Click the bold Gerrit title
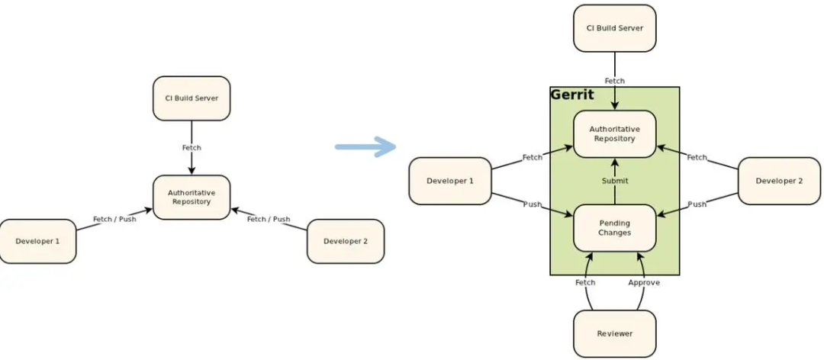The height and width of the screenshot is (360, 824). point(571,95)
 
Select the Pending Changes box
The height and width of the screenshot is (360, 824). point(614,228)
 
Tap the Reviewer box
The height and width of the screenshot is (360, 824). point(614,333)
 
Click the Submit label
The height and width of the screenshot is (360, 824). point(614,181)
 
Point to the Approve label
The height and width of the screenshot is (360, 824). point(643,282)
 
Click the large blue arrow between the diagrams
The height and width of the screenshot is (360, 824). point(365,147)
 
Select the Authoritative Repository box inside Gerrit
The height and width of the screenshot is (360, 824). point(614,134)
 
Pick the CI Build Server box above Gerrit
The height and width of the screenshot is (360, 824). point(614,28)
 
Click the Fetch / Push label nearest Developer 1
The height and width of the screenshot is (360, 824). point(114,219)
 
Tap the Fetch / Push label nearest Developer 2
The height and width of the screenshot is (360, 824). point(269,219)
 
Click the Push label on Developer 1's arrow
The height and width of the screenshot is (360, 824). point(533,204)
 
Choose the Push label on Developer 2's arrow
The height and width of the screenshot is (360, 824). point(697,204)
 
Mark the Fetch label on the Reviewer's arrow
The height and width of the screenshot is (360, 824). point(585,282)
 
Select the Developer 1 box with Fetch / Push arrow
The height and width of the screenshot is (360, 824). point(37,241)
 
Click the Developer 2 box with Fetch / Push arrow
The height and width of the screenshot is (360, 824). point(345,241)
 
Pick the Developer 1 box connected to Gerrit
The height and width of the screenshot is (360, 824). point(450,181)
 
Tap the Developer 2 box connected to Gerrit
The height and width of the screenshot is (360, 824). point(779,181)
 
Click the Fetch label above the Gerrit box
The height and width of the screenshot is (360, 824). point(614,81)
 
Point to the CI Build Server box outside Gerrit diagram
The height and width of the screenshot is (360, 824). point(191,98)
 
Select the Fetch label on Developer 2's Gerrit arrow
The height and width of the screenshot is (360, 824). point(697,157)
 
